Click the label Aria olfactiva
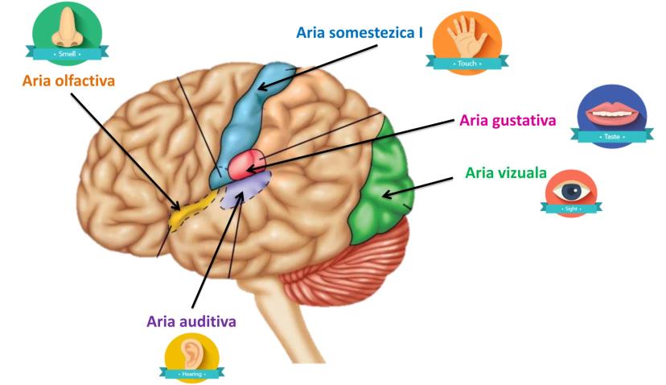click(68, 81)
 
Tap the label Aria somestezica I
click(360, 33)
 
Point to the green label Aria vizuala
click(506, 173)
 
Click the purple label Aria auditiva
click(191, 321)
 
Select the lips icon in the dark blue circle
click(614, 114)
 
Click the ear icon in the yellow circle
click(192, 351)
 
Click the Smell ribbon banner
click(68, 53)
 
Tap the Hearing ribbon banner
click(192, 374)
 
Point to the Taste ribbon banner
click(613, 137)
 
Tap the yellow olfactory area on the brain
click(189, 211)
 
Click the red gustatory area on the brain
click(246, 164)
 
